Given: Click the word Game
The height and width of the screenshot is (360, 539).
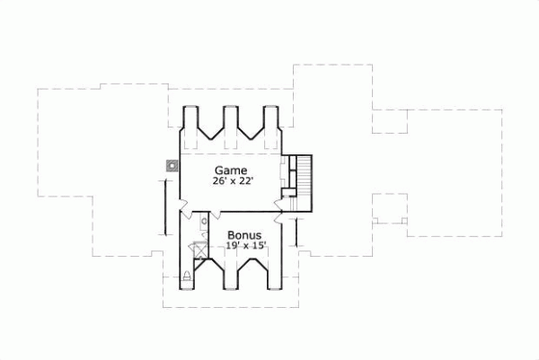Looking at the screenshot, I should pos(230,170).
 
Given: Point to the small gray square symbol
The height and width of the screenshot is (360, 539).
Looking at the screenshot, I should pos(171,165).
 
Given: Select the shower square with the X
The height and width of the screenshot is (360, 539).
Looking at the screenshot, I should pos(199,250).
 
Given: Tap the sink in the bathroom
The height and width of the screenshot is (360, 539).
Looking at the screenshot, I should pos(205,220).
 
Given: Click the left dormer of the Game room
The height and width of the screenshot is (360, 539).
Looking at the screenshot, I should pos(192,126).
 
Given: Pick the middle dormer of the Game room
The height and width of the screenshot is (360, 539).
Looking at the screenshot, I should pos(231,126).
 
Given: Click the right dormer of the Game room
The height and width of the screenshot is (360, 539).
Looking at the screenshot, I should pos(269,126).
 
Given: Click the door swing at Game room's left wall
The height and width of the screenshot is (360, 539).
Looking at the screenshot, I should pos(183,208).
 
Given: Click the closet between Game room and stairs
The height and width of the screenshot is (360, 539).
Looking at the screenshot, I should pos(289,175).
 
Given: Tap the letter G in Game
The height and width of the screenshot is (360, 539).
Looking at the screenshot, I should pos(217,170).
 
